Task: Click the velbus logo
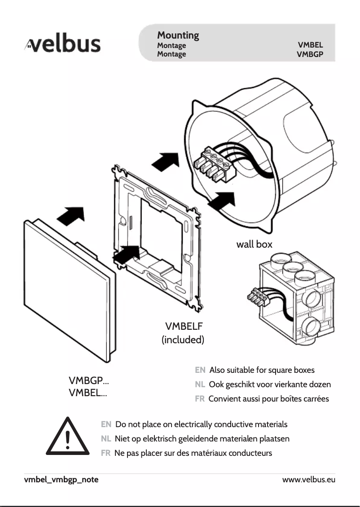coord(63,44)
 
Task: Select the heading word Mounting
coord(178,35)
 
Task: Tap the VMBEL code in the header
coord(310,45)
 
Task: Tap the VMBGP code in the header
coord(310,54)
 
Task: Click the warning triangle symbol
coord(67,437)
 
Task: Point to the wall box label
coord(254,245)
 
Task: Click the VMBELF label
coord(184,326)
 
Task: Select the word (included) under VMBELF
coord(183,340)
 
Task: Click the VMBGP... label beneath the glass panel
coord(88,381)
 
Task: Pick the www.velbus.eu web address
coord(308,480)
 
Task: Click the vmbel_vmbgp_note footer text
coord(61,480)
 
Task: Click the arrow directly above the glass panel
coord(70,216)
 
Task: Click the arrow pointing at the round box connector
coord(222,201)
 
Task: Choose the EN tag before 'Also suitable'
coord(200,370)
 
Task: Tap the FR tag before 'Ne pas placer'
coord(106,453)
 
